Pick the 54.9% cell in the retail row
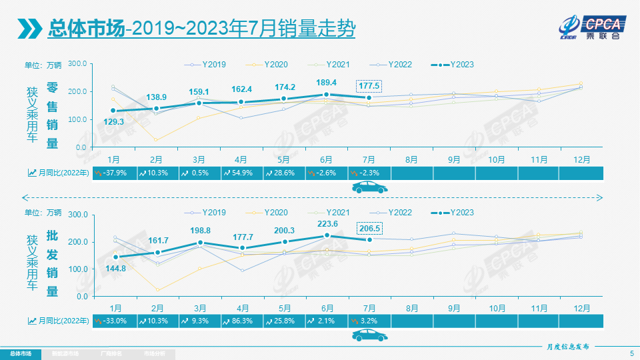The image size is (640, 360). tap(241, 173)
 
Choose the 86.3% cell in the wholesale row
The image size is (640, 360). tap(241, 321)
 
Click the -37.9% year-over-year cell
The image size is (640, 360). tap(114, 173)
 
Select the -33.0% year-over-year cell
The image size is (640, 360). tap(114, 321)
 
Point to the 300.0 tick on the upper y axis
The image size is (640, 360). tap(78, 63)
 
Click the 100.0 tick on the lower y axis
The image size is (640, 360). tap(78, 269)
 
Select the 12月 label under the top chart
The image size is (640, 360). tap(581, 159)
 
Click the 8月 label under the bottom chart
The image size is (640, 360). tap(412, 307)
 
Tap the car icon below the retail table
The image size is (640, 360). tap(369, 187)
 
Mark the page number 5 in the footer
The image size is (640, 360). tap(631, 353)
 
